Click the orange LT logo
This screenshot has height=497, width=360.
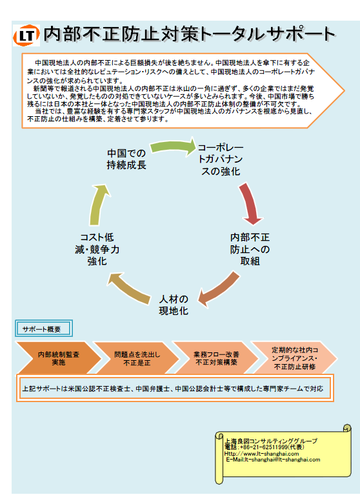(x=26, y=35)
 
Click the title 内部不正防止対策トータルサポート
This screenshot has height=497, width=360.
(x=189, y=34)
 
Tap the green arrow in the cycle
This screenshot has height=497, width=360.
(x=173, y=147)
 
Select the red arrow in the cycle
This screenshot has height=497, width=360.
(x=250, y=203)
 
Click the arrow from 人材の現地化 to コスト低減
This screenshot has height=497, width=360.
(x=129, y=288)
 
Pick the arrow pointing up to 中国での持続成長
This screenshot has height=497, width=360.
(x=99, y=205)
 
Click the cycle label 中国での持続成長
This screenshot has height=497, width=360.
(x=126, y=159)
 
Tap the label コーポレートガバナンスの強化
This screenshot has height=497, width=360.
(x=221, y=159)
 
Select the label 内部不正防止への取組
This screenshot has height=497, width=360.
(x=250, y=249)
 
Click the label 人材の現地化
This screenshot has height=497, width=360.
(x=174, y=305)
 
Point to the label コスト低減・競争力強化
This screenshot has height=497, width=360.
(x=97, y=249)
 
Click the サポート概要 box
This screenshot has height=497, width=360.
(x=44, y=329)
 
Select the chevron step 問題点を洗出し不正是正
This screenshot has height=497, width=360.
(x=137, y=358)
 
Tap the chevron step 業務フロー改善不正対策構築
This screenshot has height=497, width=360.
(x=216, y=358)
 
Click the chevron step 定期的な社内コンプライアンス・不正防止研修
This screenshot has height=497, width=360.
(x=295, y=358)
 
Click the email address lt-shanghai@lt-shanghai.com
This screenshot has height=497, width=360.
(x=282, y=460)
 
